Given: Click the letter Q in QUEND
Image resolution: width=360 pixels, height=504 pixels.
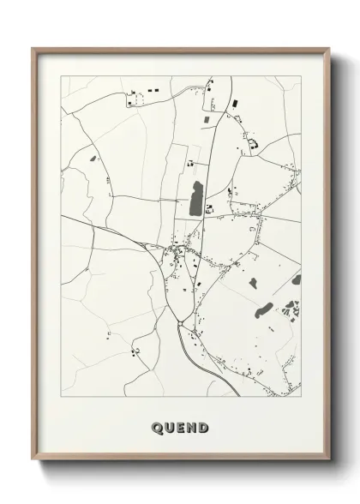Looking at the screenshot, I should pos(157,427).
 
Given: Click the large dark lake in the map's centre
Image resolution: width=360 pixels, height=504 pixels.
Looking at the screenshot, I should pos(195,199).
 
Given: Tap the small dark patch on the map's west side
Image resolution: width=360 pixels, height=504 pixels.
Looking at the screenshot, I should pos(93,159).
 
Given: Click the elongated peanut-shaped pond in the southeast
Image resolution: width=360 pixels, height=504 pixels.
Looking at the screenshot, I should pos(265,309).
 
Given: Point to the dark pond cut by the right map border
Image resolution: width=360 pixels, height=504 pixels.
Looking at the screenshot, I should pos(297,280).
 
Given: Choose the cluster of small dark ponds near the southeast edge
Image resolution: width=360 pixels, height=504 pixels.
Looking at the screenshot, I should pos(291,306).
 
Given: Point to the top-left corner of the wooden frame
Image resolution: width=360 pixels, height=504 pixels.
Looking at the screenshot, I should pos(33,49).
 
